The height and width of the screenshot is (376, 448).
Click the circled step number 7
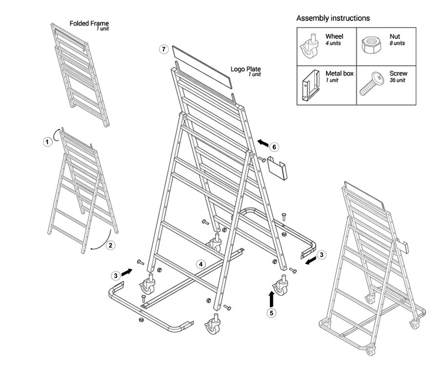163,49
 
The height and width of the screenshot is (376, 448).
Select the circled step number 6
274,147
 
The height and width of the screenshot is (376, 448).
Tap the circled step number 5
271,313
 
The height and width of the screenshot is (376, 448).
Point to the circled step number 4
201,264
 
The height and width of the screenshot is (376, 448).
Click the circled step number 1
47,142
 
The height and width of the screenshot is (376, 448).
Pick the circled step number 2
111,245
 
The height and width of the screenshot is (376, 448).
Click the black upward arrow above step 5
271,299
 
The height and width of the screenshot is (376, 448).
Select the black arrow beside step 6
263,143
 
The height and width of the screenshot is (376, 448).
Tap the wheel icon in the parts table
310,46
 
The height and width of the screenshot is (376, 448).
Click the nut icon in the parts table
371,45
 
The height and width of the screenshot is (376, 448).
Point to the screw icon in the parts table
372,83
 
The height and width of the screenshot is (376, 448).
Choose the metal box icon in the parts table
311,86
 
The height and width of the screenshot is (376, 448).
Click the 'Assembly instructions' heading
333,18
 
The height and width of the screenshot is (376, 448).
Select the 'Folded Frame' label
89,23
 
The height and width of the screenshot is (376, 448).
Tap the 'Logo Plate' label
245,69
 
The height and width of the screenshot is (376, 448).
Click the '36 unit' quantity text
397,80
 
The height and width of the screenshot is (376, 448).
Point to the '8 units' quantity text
397,43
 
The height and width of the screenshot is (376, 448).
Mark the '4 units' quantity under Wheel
333,43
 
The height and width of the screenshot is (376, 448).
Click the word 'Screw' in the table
399,74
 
